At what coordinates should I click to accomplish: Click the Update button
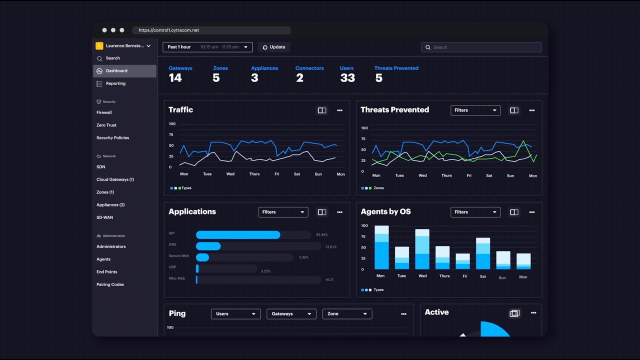pos(274,47)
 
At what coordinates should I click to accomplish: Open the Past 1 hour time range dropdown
pos(207,47)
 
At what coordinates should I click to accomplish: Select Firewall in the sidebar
pos(104,112)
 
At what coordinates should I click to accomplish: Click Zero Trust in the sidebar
pos(106,125)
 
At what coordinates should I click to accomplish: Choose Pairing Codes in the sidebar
pos(110,284)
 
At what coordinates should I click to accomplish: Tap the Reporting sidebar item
pos(115,83)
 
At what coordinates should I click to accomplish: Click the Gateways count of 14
pos(175,78)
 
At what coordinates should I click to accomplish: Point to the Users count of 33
pos(347,78)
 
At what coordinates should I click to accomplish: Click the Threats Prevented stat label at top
pos(396,68)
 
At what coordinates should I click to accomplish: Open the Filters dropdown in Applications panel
pos(283,212)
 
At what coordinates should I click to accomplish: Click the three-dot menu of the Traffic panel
pos(339,110)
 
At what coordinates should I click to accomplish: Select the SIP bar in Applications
pos(238,235)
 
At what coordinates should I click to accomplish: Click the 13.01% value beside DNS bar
pos(330,246)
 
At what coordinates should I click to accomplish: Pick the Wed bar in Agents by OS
pos(422,249)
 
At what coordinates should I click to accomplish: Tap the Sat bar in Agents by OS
pos(483,253)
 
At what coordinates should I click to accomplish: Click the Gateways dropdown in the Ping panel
pos(291,314)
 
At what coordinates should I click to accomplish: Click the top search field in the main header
pos(481,47)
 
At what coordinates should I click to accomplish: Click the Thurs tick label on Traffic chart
pos(254,174)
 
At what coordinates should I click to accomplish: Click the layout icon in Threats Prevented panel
pos(514,110)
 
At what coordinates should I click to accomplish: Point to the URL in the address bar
pos(168,30)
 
